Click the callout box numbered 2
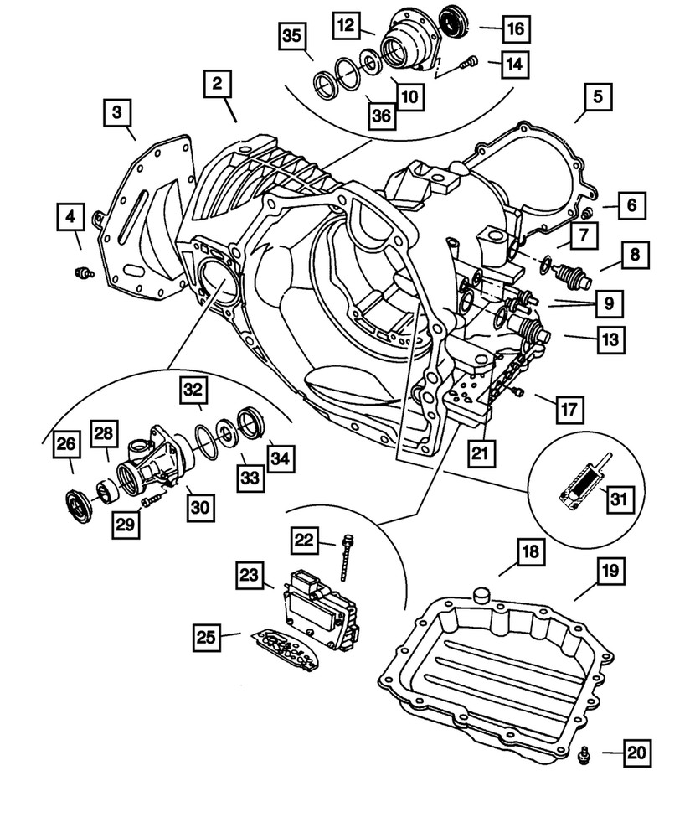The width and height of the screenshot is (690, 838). tap(217, 84)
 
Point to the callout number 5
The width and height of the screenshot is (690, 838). tap(597, 97)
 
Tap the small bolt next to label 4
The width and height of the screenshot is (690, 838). tap(83, 271)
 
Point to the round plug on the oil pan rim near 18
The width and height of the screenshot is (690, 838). tap(481, 596)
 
